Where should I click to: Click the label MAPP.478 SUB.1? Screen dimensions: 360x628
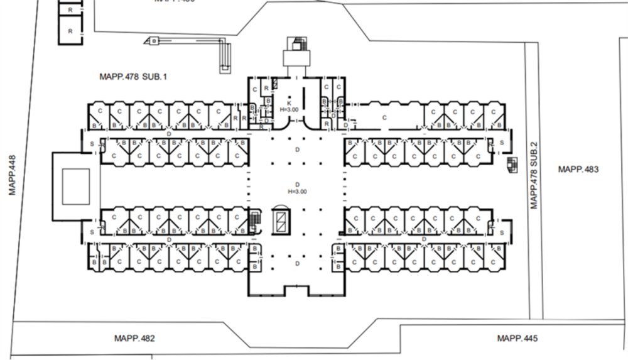[x=134, y=77]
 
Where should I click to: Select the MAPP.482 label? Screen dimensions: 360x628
[x=134, y=339]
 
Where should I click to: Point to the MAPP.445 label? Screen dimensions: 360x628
[x=517, y=338]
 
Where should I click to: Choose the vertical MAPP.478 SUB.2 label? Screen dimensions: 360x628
[x=534, y=175]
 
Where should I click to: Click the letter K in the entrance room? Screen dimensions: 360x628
[x=288, y=101]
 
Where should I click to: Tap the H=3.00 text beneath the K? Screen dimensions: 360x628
[x=288, y=109]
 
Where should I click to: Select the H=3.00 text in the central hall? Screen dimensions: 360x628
[x=296, y=192]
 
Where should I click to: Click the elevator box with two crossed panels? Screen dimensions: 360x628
[x=281, y=220]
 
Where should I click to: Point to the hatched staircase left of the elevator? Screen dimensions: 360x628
[x=254, y=220]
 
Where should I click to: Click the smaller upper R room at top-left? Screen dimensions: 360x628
[x=70, y=11]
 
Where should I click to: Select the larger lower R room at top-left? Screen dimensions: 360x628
[x=70, y=30]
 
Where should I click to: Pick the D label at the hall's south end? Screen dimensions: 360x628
[x=296, y=264]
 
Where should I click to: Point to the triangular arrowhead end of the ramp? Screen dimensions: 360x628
[x=151, y=41]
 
